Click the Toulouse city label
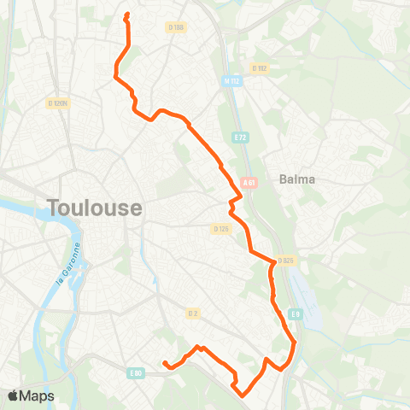tap(95, 208)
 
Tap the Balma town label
tap(297, 179)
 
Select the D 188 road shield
tap(177, 27)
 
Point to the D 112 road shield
tap(260, 67)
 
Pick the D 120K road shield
tap(58, 103)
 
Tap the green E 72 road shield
tap(240, 136)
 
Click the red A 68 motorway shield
tap(249, 182)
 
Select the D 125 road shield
tap(221, 228)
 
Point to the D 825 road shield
tap(285, 261)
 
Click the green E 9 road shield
tap(295, 315)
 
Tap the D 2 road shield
tap(193, 313)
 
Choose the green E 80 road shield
tap(135, 372)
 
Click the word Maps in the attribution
tap(39, 395)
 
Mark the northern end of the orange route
tap(126, 15)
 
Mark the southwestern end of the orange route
tap(164, 364)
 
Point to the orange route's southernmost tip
tap(242, 395)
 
